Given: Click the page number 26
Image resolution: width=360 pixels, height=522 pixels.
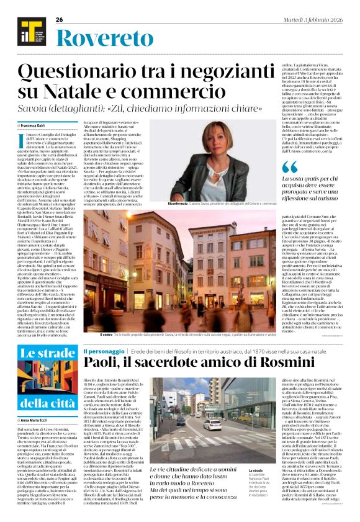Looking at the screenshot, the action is [60, 20].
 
